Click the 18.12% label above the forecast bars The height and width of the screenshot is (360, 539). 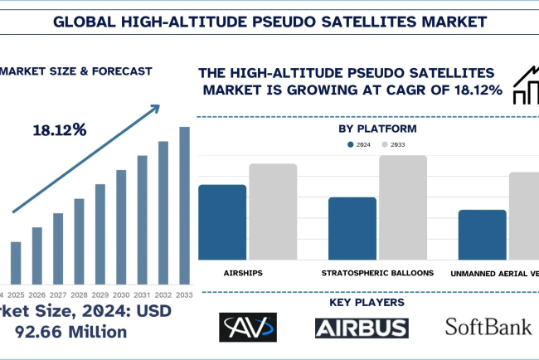(59, 130)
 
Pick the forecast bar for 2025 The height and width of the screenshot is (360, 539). (16, 263)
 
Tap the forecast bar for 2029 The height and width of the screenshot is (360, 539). (100, 234)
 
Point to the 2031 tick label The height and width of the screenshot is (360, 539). (142, 295)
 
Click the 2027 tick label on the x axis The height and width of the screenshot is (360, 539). (58, 295)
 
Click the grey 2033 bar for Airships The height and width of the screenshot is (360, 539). (273, 212)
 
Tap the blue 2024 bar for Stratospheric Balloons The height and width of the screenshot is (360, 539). (352, 228)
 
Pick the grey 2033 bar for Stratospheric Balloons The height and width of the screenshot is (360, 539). (402, 207)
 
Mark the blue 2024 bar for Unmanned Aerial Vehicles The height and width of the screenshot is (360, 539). (482, 235)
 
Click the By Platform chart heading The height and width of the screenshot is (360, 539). (377, 129)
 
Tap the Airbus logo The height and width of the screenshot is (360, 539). (362, 328)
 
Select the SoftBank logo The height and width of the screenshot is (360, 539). (488, 327)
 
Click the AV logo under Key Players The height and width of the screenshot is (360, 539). (247, 328)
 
